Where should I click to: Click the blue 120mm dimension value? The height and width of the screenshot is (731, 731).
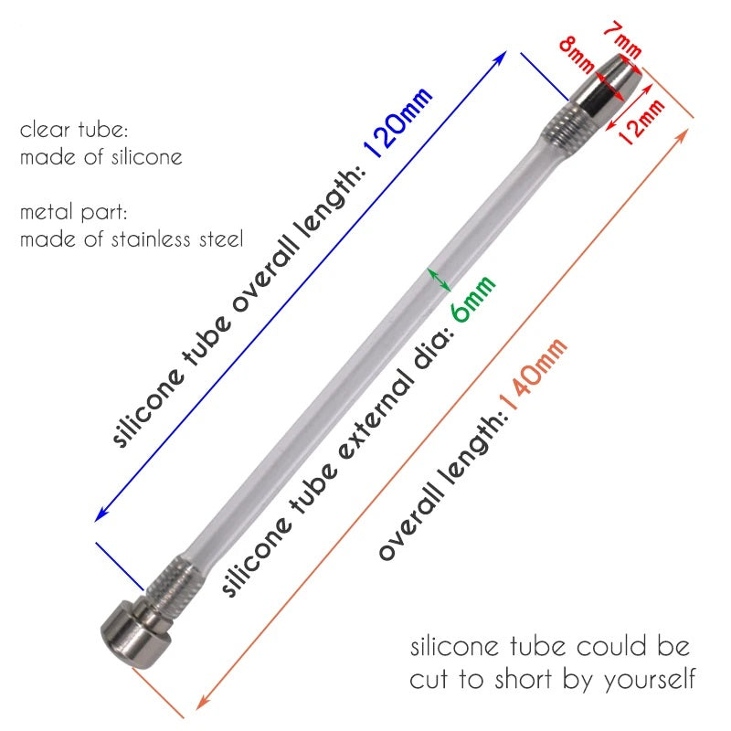pyautogui.click(x=397, y=122)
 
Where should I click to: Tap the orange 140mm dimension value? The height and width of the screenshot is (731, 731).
pyautogui.click(x=534, y=374)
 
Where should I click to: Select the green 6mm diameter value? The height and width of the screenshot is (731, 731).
pyautogui.click(x=472, y=299)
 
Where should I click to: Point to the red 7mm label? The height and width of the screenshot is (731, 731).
pyautogui.click(x=623, y=41)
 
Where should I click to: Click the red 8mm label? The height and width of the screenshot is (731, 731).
pyautogui.click(x=577, y=54)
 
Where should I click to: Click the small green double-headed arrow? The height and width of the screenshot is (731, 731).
pyautogui.click(x=440, y=280)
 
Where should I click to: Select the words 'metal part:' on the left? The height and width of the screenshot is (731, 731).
pyautogui.click(x=74, y=213)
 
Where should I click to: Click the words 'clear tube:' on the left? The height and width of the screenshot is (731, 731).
pyautogui.click(x=74, y=130)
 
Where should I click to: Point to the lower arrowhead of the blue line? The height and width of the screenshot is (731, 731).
pyautogui.click(x=101, y=515)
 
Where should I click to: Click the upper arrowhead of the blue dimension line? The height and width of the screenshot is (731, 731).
pyautogui.click(x=500, y=58)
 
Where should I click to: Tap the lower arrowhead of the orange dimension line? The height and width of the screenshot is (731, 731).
pyautogui.click(x=203, y=703)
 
